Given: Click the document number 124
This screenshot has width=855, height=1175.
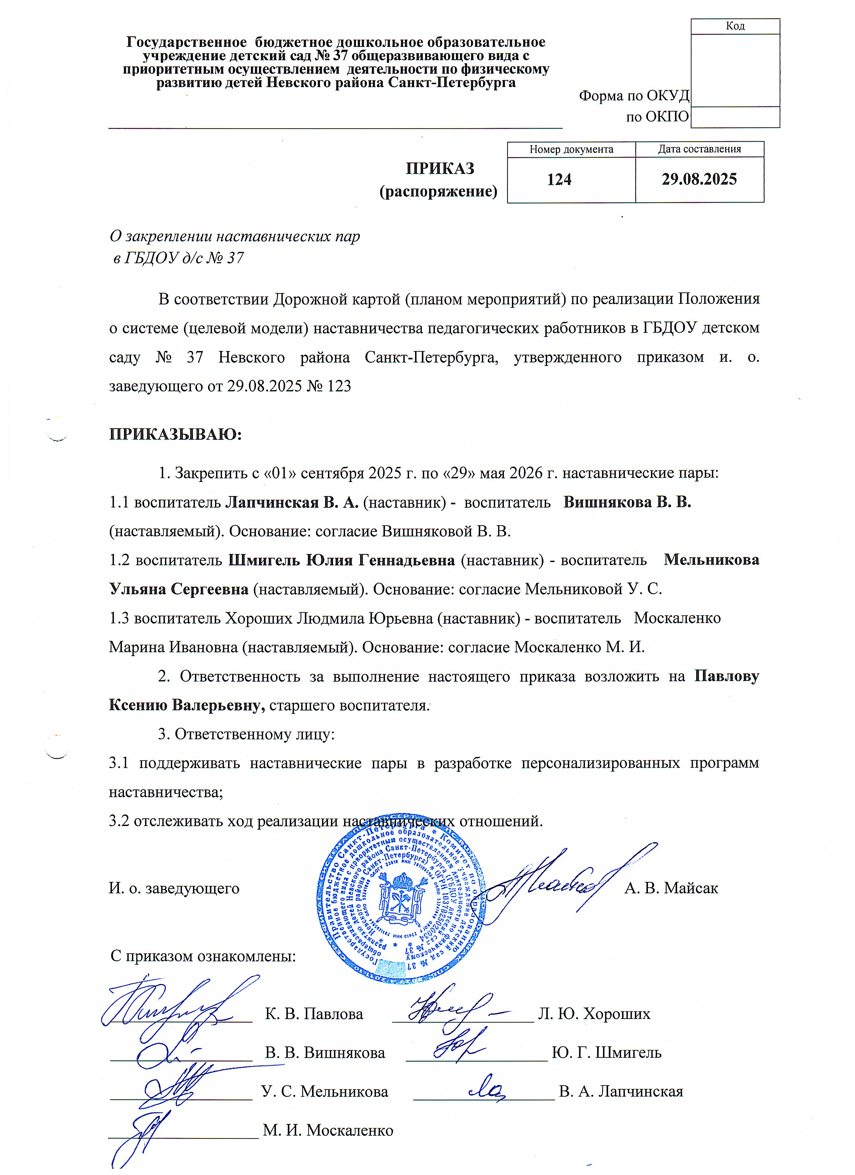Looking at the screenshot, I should tap(559, 180).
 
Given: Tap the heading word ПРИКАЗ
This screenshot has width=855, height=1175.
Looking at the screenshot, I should tap(440, 168).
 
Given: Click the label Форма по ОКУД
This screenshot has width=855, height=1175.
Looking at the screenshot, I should tap(634, 95).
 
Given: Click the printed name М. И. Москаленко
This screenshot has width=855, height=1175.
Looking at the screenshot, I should tap(328, 1130).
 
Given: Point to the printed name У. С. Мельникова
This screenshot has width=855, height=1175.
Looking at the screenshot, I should tap(325, 1092).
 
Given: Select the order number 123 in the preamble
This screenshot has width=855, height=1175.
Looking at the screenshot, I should tap(339, 387).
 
